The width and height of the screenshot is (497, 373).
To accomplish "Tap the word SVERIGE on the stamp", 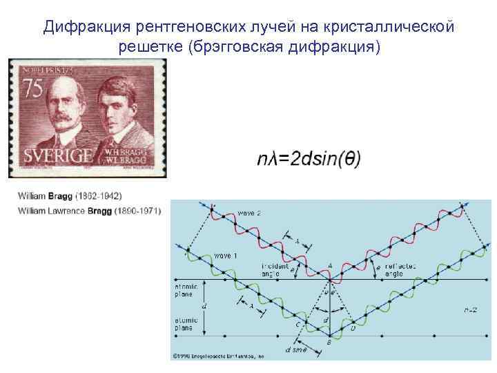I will click(58, 154).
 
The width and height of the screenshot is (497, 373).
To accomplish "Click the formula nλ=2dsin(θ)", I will click(309, 158).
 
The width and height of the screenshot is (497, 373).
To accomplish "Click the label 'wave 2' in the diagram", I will click(249, 213).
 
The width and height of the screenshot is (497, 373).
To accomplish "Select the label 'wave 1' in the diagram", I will click(226, 256).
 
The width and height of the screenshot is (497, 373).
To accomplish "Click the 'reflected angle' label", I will click(400, 270).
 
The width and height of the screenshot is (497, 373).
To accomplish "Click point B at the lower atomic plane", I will click(329, 342).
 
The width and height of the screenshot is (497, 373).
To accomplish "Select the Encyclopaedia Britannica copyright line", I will click(218, 356).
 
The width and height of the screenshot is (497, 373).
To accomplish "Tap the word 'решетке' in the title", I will click(146, 47).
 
